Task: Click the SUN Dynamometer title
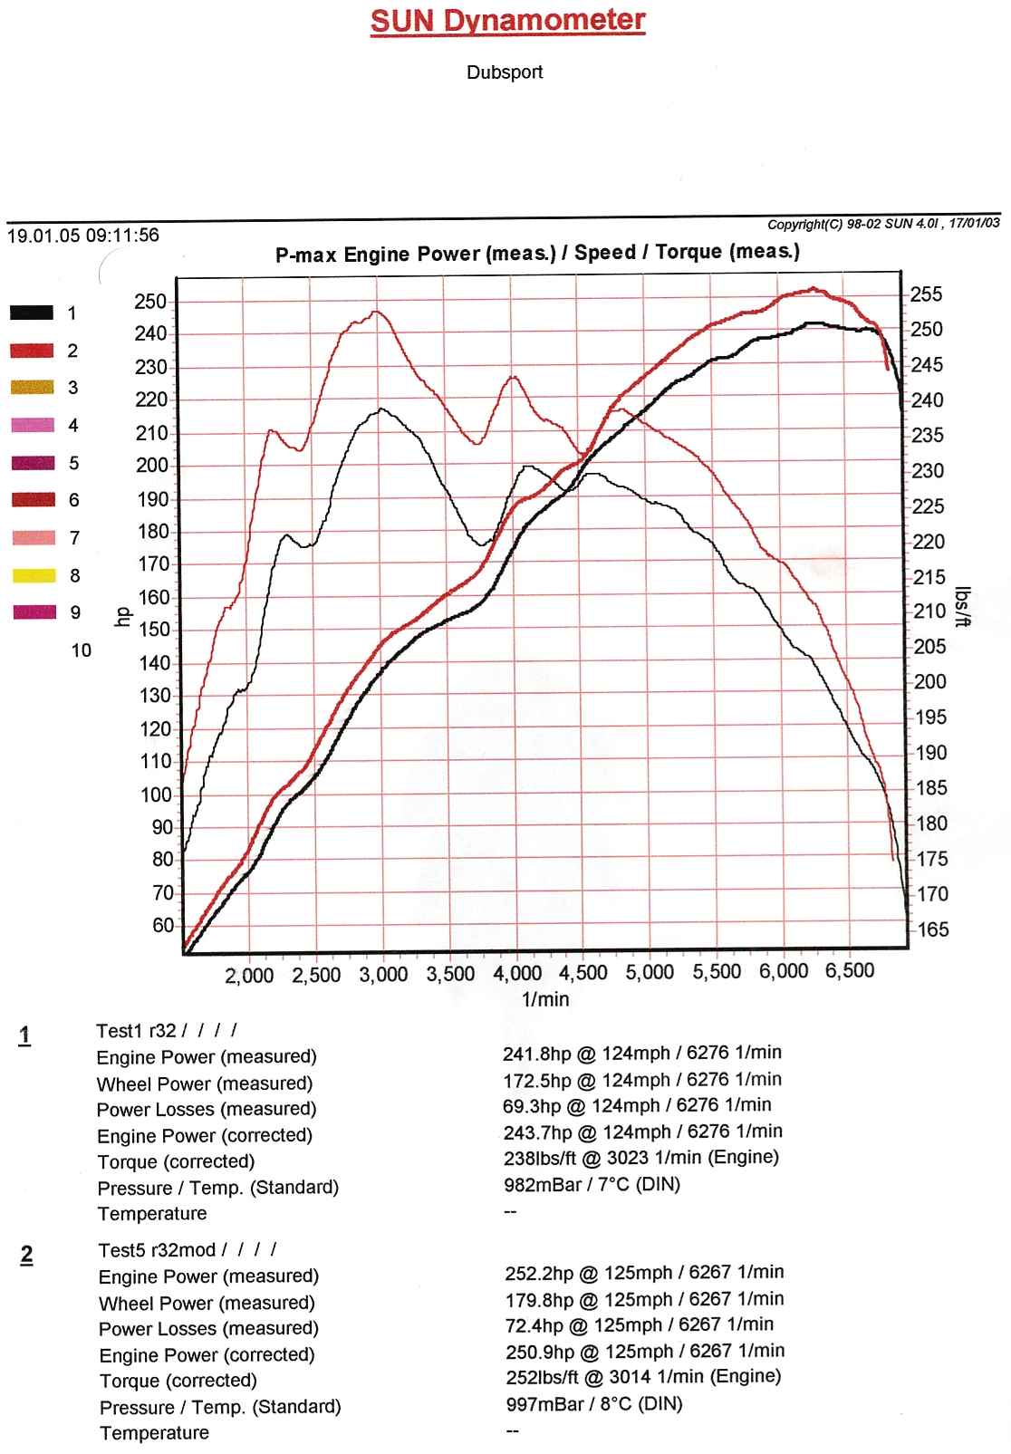pos(507,20)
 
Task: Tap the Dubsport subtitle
pos(505,72)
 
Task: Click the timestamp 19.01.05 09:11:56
pos(83,236)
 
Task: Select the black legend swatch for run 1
pos(32,313)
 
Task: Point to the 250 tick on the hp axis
pos(150,302)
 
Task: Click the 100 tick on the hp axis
pos(156,794)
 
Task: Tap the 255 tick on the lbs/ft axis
pos(927,294)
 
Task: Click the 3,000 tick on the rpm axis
pos(383,975)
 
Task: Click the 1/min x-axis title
pos(545,999)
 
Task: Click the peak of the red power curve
pos(813,290)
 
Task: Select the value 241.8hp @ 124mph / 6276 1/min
pos(642,1053)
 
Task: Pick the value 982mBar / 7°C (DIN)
pos(592,1184)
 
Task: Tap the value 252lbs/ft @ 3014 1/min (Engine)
pos(643,1377)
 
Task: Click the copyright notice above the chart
pos(883,224)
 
